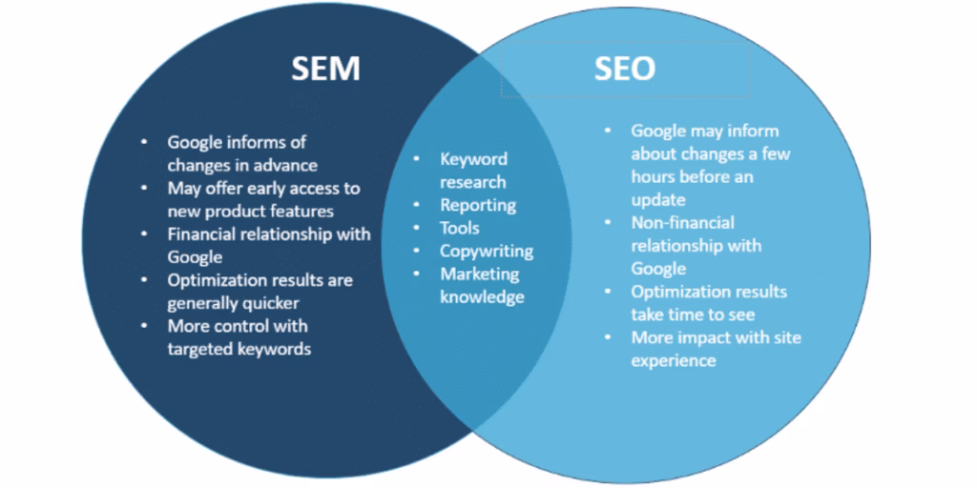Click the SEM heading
pyautogui.click(x=326, y=69)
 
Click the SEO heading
pyautogui.click(x=624, y=69)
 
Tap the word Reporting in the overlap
pyautogui.click(x=478, y=205)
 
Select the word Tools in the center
pyautogui.click(x=460, y=228)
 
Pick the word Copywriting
pyautogui.click(x=487, y=251)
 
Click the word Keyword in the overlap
pyautogui.click(x=473, y=159)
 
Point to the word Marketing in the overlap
pyautogui.click(x=480, y=274)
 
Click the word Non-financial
pyautogui.click(x=683, y=222)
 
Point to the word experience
pyautogui.click(x=674, y=360)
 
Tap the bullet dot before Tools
pyautogui.click(x=416, y=228)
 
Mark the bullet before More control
pyautogui.click(x=145, y=326)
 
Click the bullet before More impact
pyautogui.click(x=608, y=337)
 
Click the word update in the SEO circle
pyautogui.click(x=658, y=199)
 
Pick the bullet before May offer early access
pyautogui.click(x=145, y=188)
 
